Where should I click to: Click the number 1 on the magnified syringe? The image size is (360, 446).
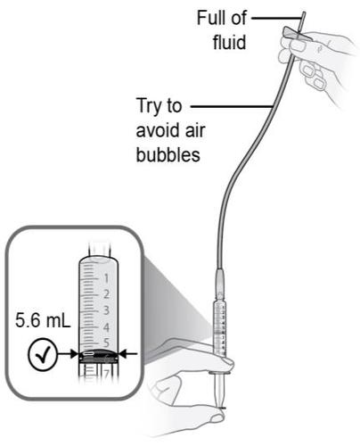105,277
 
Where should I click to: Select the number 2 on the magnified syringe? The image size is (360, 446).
105,293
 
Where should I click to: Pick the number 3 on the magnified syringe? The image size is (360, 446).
105,310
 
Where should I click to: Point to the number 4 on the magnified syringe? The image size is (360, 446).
105,326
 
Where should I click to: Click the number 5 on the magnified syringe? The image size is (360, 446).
105,342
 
